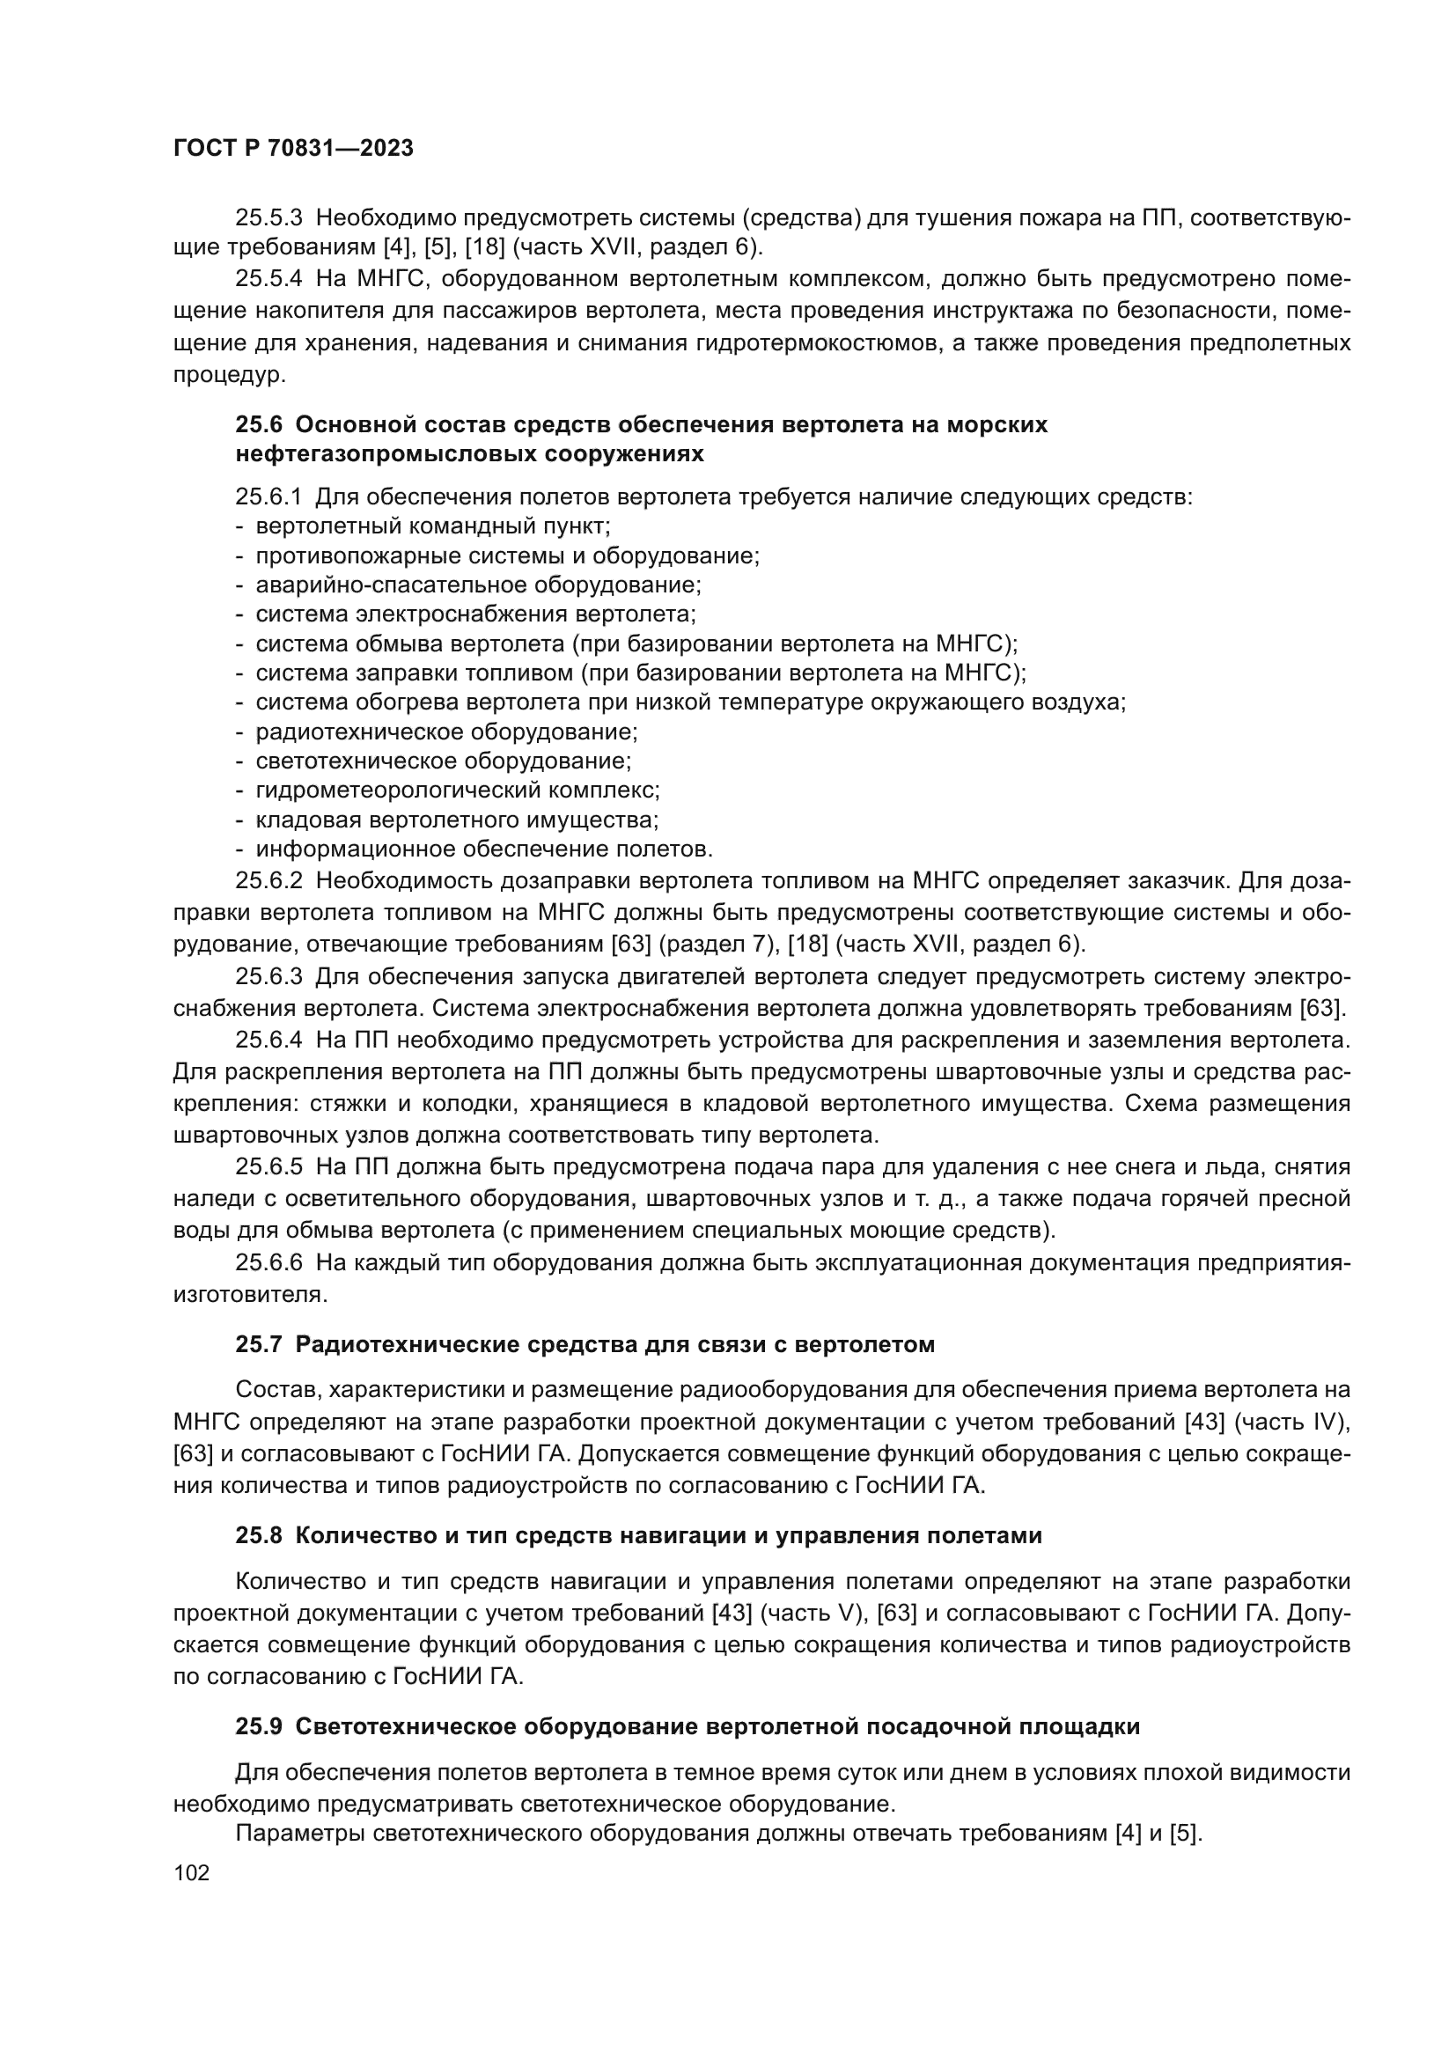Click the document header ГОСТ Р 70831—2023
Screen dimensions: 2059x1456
[293, 149]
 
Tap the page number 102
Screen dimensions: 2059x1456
[191, 1872]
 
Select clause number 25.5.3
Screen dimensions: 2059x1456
[269, 217]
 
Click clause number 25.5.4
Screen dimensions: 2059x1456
[269, 279]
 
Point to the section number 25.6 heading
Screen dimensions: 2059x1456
[260, 424]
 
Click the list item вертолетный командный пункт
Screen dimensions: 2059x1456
[433, 526]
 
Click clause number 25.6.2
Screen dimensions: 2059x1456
[269, 880]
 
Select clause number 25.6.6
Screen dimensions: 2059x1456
[269, 1262]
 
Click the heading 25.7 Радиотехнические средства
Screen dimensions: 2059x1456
[585, 1344]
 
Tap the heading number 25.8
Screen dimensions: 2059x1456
[259, 1535]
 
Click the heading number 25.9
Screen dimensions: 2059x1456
[259, 1726]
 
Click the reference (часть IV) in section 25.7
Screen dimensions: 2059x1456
[1302, 1422]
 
